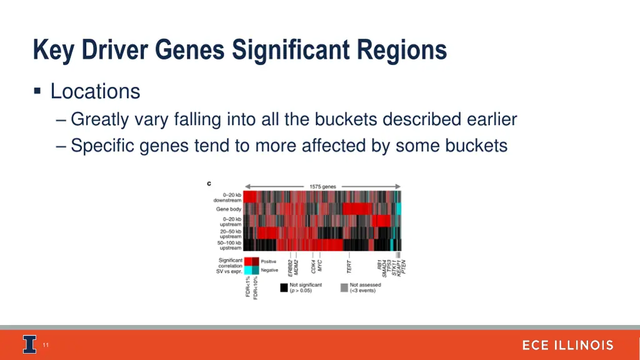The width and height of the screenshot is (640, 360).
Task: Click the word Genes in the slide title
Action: pyautogui.click(x=189, y=50)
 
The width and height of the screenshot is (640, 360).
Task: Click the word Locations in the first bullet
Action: pyautogui.click(x=95, y=91)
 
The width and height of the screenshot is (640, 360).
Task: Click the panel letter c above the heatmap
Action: pyautogui.click(x=209, y=183)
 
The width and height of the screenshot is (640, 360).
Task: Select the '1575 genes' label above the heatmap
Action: pyautogui.click(x=322, y=186)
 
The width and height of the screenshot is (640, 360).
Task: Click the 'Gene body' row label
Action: pyautogui.click(x=229, y=209)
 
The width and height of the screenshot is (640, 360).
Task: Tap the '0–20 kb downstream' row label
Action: pyautogui.click(x=227, y=197)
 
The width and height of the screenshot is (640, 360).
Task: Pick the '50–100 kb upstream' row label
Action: pyautogui.click(x=229, y=245)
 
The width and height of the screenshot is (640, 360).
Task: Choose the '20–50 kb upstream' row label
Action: pyautogui.click(x=229, y=234)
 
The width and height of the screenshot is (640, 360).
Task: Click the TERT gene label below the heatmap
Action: pyautogui.click(x=349, y=267)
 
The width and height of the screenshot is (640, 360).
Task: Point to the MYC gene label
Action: pyautogui.click(x=320, y=266)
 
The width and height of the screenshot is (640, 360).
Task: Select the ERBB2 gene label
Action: pyautogui.click(x=290, y=268)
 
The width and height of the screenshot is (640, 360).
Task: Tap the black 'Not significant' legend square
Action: pyautogui.click(x=284, y=288)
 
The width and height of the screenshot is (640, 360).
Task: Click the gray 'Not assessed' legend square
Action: pyautogui.click(x=344, y=288)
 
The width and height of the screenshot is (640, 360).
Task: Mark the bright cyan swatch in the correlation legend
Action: pyautogui.click(x=248, y=270)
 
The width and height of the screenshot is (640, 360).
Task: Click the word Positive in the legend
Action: pyautogui.click(x=269, y=261)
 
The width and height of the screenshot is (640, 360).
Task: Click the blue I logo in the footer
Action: pyautogui.click(x=29, y=344)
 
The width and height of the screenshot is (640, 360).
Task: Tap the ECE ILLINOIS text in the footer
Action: pyautogui.click(x=567, y=345)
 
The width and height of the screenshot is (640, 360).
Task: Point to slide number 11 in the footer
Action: pyautogui.click(x=46, y=345)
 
